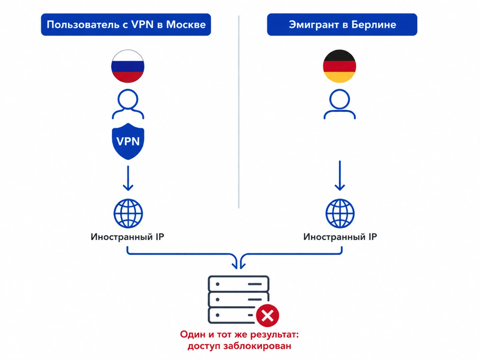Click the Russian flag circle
[128, 67]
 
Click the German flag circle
[339, 67]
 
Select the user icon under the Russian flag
[128, 105]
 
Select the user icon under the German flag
[339, 105]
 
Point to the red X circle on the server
[268, 316]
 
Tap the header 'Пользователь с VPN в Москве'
[126, 25]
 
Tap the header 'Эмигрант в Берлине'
[342, 25]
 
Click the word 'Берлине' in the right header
[376, 25]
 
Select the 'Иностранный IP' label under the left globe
[128, 237]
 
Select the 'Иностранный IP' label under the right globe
[340, 237]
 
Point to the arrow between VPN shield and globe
[128, 178]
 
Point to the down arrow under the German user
[340, 175]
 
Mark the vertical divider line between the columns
[239, 110]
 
